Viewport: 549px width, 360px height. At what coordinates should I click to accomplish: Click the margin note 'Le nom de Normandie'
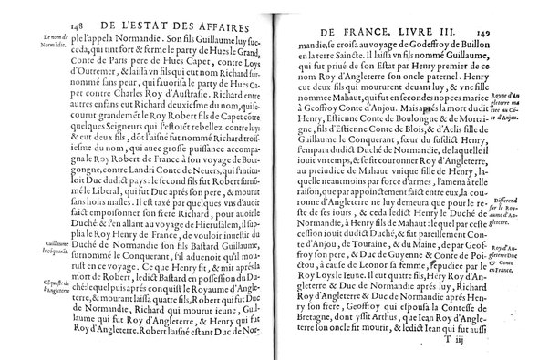(x=56, y=40)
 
